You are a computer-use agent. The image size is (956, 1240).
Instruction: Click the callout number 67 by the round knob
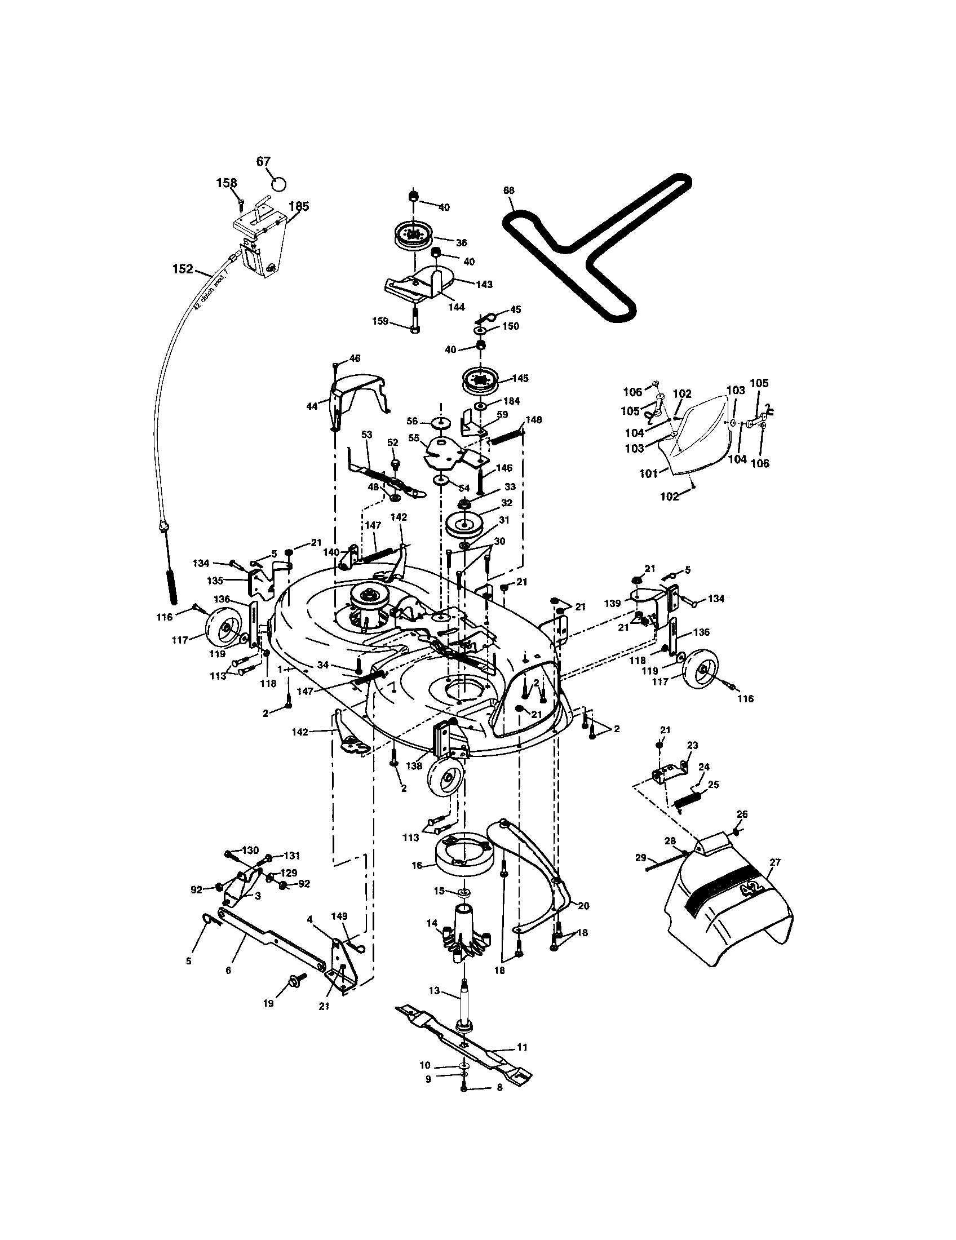[263, 161]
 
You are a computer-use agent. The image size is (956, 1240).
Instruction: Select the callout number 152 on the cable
[183, 269]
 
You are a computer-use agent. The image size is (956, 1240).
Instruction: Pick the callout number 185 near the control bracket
[299, 207]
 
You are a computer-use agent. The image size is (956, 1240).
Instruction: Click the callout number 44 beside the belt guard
[312, 406]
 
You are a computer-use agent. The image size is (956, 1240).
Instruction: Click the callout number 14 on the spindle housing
[432, 924]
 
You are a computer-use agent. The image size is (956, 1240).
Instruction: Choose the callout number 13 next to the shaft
[434, 991]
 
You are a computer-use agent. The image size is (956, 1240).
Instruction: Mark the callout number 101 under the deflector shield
[649, 472]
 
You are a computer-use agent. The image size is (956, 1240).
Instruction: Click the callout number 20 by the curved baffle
[583, 906]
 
